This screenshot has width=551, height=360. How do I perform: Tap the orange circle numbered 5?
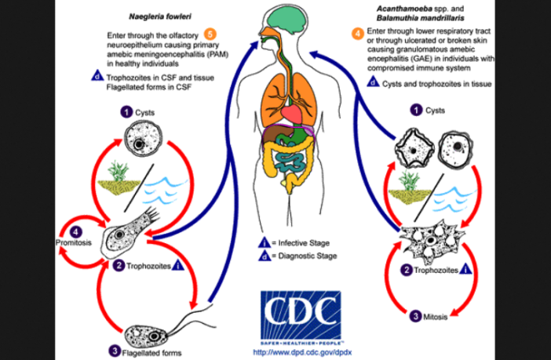pyautogui.click(x=210, y=33)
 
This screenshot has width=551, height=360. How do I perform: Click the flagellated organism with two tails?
pyautogui.click(x=154, y=322)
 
